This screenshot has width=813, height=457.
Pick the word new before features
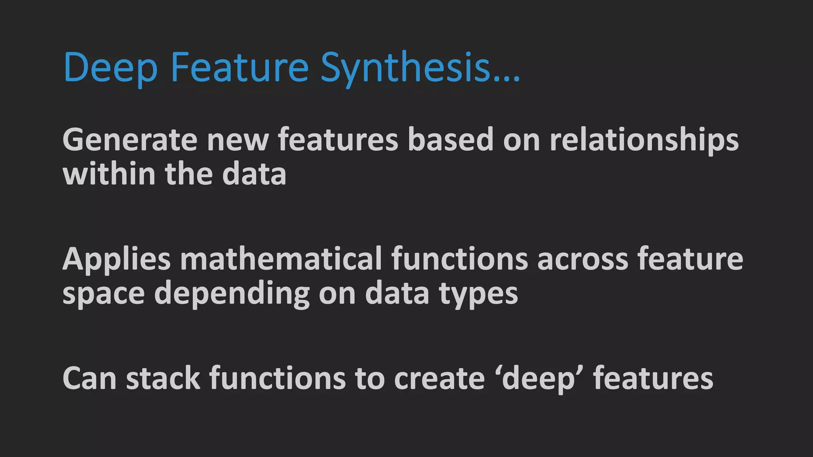(237, 140)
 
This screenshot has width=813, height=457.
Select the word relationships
(644, 140)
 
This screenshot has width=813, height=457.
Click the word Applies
(116, 259)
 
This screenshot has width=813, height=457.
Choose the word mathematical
(281, 259)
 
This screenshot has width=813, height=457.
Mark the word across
(582, 259)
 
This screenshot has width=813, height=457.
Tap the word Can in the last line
(89, 378)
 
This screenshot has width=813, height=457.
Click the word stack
(163, 378)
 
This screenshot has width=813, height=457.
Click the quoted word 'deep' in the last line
(539, 379)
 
